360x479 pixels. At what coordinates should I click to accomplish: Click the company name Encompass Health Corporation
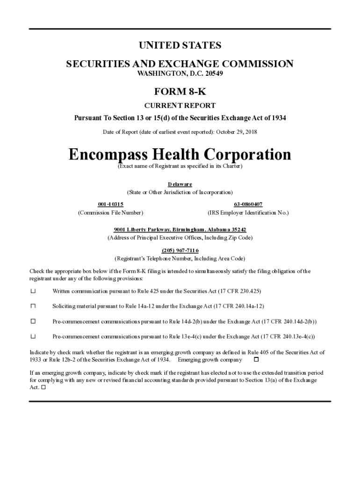tap(180, 155)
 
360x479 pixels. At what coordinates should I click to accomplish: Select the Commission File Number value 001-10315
tap(110, 204)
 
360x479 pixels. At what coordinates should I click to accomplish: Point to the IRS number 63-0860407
tap(248, 204)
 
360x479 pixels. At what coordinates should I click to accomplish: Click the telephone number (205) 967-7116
tap(180, 250)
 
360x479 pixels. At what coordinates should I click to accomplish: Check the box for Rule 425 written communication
tap(33, 291)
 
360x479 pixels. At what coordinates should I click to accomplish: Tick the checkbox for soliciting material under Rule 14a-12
tap(33, 306)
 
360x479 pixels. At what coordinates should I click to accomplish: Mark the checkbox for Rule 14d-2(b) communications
tap(33, 321)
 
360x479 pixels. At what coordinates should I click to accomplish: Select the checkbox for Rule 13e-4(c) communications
tap(33, 336)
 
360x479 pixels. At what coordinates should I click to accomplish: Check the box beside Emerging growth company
tap(256, 360)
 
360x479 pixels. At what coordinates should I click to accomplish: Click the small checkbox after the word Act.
tap(43, 388)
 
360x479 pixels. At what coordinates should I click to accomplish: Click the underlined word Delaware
tap(180, 184)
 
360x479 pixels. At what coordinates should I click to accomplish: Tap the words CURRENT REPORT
tap(180, 106)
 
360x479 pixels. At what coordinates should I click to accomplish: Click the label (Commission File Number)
tap(110, 213)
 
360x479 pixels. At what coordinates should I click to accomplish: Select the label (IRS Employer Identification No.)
tap(248, 213)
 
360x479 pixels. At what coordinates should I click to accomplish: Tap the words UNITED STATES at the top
tap(180, 45)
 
